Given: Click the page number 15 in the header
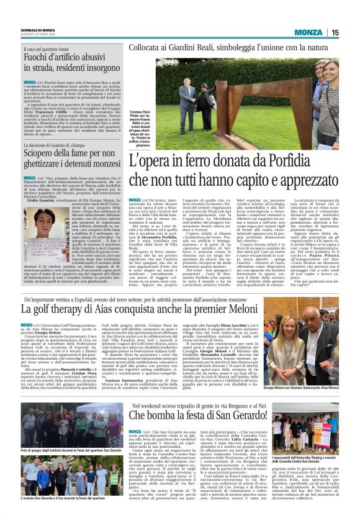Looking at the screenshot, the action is point(335,32).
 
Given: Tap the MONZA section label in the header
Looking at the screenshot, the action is point(308,32).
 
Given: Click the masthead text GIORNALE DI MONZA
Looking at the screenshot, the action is point(38,30).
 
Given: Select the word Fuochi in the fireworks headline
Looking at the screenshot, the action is point(37,58).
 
